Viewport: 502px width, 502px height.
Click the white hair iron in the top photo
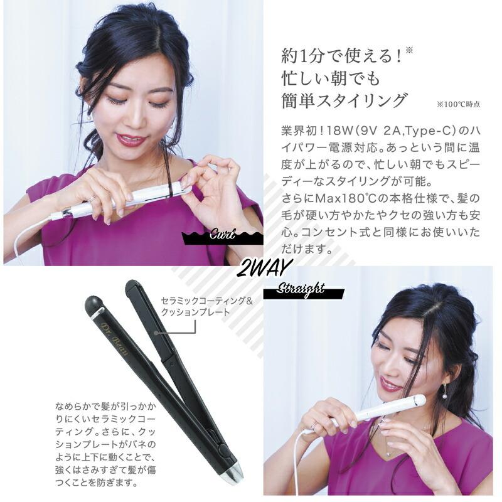(x=125, y=200)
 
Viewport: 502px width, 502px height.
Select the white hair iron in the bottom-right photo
(x=376, y=411)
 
